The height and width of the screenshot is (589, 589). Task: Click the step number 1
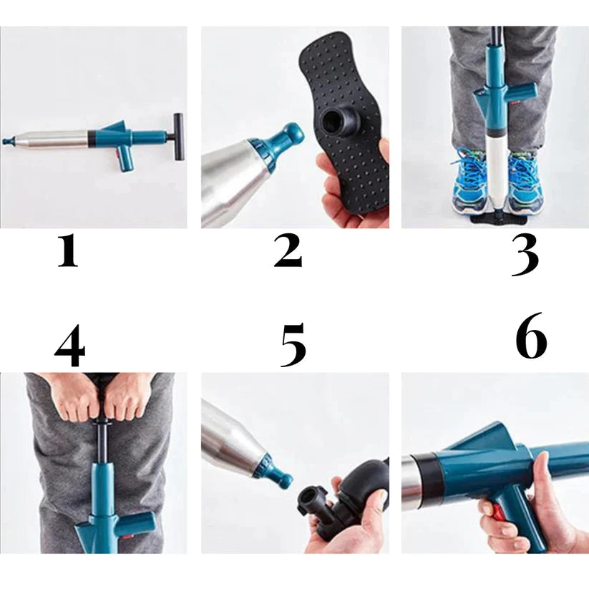pyautogui.click(x=68, y=252)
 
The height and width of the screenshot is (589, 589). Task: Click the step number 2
pyautogui.click(x=288, y=251)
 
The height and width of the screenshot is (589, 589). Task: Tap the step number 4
pyautogui.click(x=70, y=346)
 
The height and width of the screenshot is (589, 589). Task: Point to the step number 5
pyautogui.click(x=293, y=344)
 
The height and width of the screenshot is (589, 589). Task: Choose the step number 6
pyautogui.click(x=531, y=335)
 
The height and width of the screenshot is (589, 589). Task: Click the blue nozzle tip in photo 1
pyautogui.click(x=7, y=141)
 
